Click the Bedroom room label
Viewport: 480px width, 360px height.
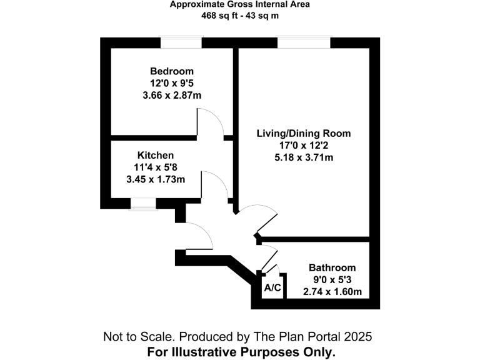(x=172, y=71)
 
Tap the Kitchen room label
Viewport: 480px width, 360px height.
(x=156, y=155)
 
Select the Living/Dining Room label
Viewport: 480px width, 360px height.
(x=304, y=134)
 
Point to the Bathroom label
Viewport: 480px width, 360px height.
(x=332, y=267)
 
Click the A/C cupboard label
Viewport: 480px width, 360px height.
(x=272, y=288)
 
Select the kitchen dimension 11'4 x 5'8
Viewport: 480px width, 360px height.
(x=156, y=167)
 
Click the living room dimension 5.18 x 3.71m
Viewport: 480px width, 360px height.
(x=304, y=157)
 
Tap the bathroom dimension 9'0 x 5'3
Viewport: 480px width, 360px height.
(x=332, y=279)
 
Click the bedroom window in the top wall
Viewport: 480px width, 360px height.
(x=182, y=42)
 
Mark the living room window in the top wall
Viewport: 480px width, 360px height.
(x=304, y=42)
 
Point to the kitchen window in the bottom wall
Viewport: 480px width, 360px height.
(x=142, y=204)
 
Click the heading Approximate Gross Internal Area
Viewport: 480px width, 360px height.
(x=240, y=4)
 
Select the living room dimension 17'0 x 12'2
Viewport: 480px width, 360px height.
(x=304, y=146)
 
